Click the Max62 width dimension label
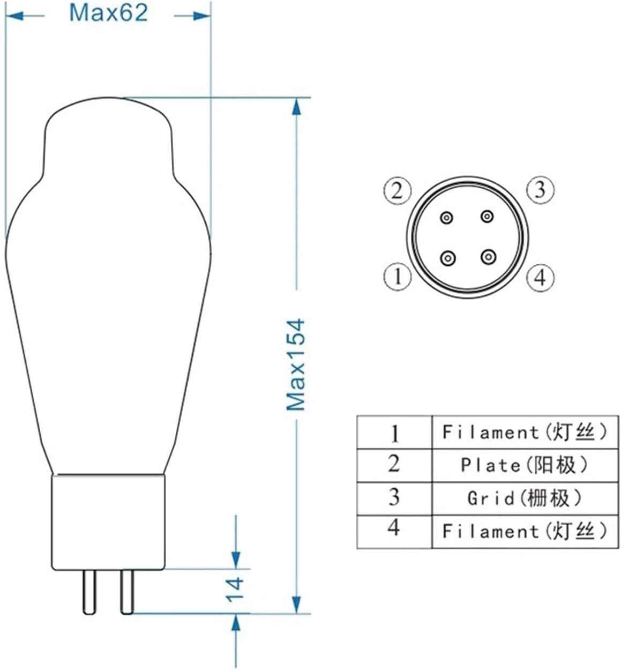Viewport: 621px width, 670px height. [x=108, y=13]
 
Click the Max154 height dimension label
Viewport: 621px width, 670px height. [x=295, y=364]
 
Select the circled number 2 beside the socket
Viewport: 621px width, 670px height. [x=397, y=190]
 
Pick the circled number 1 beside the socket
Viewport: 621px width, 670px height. [x=397, y=277]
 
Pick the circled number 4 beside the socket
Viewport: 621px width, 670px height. [x=540, y=278]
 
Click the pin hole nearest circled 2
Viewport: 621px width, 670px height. [x=447, y=218]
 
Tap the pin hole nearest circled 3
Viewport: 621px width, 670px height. [x=487, y=217]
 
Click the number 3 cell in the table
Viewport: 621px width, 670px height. [x=394, y=497]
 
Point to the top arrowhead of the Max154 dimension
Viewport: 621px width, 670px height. [x=295, y=107]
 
